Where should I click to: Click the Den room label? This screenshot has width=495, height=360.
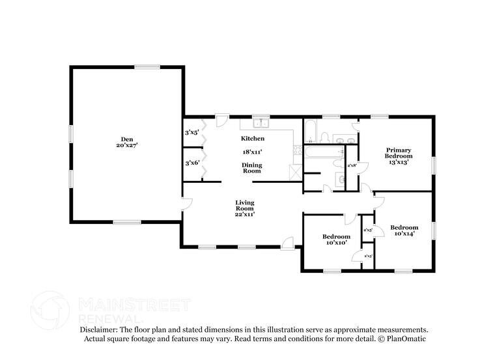coord(128,139)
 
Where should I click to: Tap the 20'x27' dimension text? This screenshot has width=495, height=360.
coord(128,145)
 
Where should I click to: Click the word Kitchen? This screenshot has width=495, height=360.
coord(252,139)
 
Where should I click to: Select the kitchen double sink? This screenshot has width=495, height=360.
coord(262,122)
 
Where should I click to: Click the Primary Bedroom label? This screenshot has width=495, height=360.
coord(398,153)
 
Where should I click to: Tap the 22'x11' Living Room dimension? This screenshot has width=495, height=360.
coord(245,214)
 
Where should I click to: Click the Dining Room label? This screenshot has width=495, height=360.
coord(252,168)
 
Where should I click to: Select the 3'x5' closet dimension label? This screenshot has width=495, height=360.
coord(192,133)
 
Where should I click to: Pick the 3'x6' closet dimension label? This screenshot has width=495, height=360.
coord(192,163)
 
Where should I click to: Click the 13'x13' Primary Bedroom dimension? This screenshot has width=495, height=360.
coord(398,162)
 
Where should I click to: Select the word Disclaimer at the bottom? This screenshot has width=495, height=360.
coord(100,330)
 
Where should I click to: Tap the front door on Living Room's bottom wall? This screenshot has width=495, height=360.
coord(287,243)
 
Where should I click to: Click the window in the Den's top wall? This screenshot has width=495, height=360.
coord(148,66)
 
